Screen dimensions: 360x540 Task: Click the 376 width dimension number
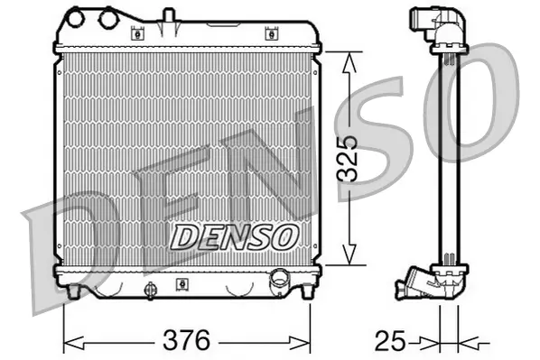point(186,341)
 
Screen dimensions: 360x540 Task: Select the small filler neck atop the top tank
point(167,16)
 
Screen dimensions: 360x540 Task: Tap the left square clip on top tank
point(138,34)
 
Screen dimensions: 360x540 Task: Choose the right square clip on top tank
point(270,34)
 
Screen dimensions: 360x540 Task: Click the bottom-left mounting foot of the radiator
point(73,291)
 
